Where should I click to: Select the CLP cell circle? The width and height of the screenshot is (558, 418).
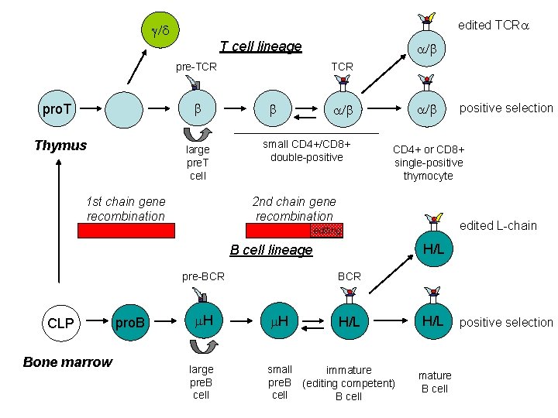(60, 321)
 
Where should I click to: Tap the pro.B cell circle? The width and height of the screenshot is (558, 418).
(130, 321)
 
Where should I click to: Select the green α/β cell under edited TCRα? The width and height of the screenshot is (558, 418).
(427, 50)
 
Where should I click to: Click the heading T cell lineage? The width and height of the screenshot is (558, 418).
(260, 46)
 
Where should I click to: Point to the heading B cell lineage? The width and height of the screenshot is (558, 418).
(271, 250)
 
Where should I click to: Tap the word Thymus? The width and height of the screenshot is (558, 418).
(60, 146)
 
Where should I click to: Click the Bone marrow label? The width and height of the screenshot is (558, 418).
(67, 362)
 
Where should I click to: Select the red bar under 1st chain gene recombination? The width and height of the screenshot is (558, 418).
(126, 230)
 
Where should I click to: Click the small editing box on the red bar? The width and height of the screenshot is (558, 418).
(325, 230)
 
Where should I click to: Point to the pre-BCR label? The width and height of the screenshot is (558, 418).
(203, 276)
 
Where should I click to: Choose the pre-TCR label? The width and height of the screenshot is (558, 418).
(196, 67)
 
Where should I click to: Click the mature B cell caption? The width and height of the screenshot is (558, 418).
(434, 382)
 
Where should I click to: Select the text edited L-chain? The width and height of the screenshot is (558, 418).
(498, 225)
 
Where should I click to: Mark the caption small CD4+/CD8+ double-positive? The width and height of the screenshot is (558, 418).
(306, 151)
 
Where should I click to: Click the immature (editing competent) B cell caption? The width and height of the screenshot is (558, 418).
(348, 383)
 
